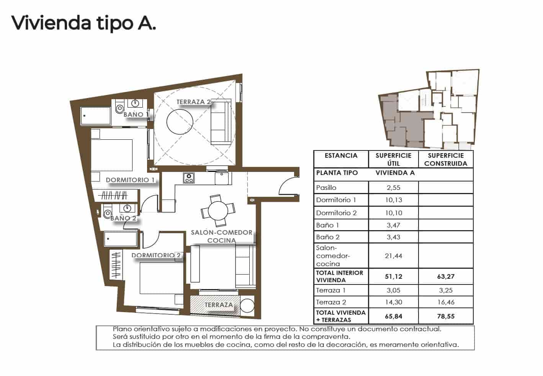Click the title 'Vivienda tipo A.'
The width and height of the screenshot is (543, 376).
pos(83,23)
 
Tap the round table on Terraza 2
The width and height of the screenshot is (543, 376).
pos(180,122)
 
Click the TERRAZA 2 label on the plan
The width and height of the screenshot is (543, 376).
pos(193,102)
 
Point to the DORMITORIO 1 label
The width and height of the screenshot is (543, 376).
pos(130,180)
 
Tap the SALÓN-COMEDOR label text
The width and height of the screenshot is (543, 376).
pos(222,232)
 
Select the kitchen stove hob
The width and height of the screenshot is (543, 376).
pos(189,178)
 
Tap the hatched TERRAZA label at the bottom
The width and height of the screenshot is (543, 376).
pos(219,305)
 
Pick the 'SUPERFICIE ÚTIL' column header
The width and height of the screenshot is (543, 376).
pos(393,159)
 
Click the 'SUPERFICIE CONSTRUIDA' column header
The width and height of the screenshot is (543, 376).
pos(446,159)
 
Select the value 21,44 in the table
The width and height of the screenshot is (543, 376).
pos(393,256)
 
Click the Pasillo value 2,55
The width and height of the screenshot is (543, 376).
pos(393,188)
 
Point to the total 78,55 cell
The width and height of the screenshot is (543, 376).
pos(446,316)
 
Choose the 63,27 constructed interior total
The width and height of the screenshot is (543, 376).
pos(446,276)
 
